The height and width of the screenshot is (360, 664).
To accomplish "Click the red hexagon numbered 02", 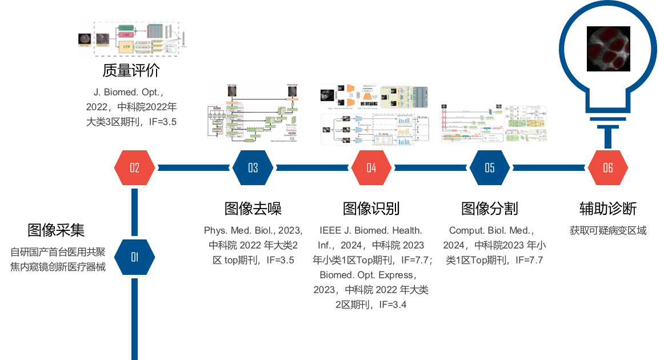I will [135, 168].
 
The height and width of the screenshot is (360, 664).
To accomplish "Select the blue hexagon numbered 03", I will [253, 168].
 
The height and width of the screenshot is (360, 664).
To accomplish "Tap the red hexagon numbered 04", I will [371, 168].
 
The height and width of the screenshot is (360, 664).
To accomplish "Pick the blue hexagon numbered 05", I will [490, 168].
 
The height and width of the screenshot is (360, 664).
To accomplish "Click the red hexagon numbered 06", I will [608, 168].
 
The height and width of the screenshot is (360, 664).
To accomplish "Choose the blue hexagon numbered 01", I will [135, 257].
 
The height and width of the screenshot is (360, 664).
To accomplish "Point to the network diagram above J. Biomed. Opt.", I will [133, 39].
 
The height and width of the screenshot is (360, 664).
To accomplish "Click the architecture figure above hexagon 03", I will [253, 113].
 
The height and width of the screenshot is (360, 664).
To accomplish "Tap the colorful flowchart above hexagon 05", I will [495, 123].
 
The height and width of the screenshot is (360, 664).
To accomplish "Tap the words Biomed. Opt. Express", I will [371, 275].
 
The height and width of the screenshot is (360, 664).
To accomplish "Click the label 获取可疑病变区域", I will [607, 231].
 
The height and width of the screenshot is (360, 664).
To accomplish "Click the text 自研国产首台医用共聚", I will [58, 252].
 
